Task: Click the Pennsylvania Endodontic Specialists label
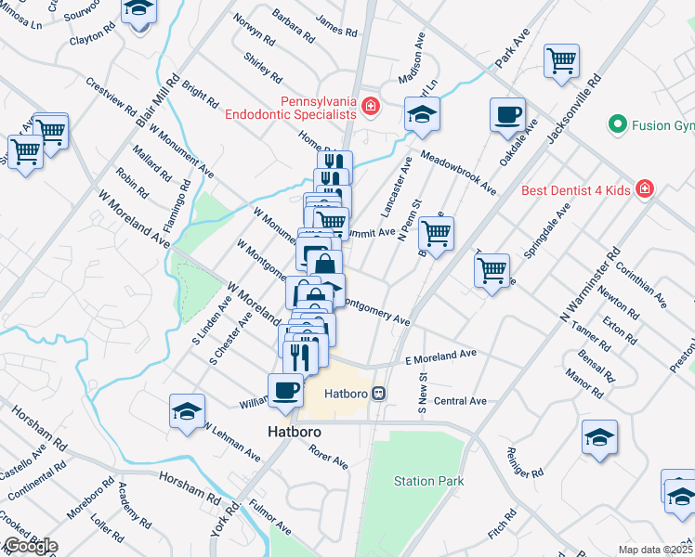pyautogui.click(x=290, y=107)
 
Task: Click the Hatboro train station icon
pyautogui.click(x=379, y=393)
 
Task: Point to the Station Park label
pyautogui.click(x=428, y=481)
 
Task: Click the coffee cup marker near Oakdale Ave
pyautogui.click(x=507, y=115)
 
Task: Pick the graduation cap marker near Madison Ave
pyautogui.click(x=422, y=115)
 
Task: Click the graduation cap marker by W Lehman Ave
pyautogui.click(x=187, y=411)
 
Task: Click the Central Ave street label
pyautogui.click(x=460, y=401)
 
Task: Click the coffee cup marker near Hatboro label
pyautogui.click(x=284, y=390)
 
